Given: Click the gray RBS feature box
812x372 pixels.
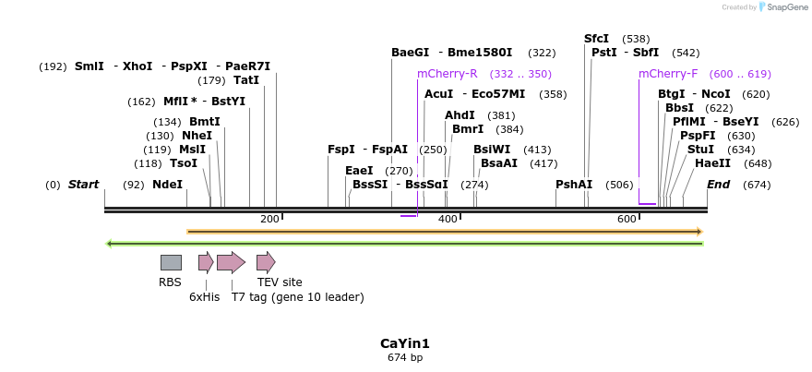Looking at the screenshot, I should point(171,262).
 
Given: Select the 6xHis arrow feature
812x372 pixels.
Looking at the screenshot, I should point(205,262).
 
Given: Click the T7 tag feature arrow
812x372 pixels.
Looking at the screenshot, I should point(231,262).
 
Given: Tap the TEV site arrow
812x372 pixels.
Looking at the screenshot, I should point(266,262).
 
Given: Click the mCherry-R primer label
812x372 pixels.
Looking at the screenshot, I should point(447,74).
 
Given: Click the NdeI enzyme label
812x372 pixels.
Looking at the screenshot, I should point(167,185).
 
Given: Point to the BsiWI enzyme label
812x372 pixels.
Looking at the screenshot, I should point(491,150).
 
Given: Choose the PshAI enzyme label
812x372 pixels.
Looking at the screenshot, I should point(574,185).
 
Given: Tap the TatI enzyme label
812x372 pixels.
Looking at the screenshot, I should point(246,80).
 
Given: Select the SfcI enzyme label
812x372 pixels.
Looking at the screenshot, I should point(596,39).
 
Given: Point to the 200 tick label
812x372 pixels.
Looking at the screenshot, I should point(269,219).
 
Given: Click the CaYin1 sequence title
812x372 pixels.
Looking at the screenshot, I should point(405,343).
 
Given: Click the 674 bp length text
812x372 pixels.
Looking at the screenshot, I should point(405,357).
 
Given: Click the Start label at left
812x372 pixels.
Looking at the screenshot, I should point(83,185).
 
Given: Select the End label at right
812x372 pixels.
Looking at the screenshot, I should point(718,185).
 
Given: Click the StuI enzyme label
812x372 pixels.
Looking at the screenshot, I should point(700,150).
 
